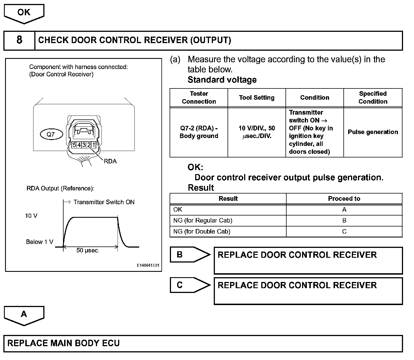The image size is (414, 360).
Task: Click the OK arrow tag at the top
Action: (24, 13)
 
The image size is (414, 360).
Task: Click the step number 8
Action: (19, 40)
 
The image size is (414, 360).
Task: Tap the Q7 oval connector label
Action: (51, 134)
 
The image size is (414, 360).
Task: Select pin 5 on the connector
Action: (74, 145)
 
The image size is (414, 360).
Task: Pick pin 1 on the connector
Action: (94, 145)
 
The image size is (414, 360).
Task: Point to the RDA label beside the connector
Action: (110, 161)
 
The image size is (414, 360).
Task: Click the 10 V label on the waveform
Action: (31, 216)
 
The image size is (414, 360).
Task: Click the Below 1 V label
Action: (39, 242)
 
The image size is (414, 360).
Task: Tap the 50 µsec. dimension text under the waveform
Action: (88, 250)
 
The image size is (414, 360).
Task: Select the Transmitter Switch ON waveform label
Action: (104, 202)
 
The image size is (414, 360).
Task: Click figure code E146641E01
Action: (148, 265)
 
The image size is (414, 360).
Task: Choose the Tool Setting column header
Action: (256, 98)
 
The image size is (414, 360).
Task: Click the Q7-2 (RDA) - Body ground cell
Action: (199, 132)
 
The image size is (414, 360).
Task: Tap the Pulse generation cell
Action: (373, 132)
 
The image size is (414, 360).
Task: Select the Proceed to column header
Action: (344, 199)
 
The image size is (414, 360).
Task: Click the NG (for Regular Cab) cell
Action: (203, 221)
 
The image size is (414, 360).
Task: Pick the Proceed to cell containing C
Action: (344, 232)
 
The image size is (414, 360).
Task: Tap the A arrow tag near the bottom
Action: (24, 314)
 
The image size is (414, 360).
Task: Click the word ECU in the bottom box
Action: (111, 343)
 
